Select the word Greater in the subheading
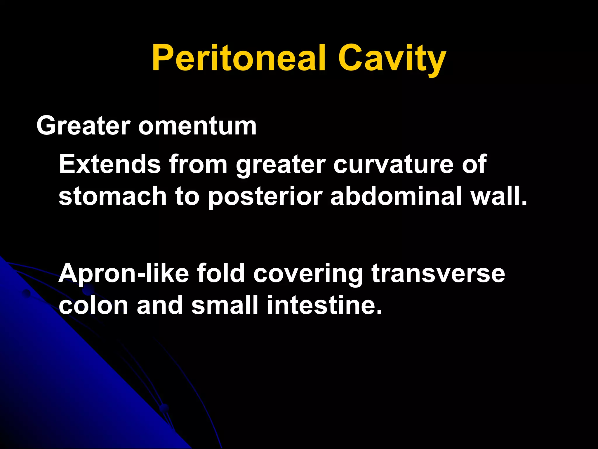83,126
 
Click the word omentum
197,127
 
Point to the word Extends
110,164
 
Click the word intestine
321,305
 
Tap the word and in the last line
160,305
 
